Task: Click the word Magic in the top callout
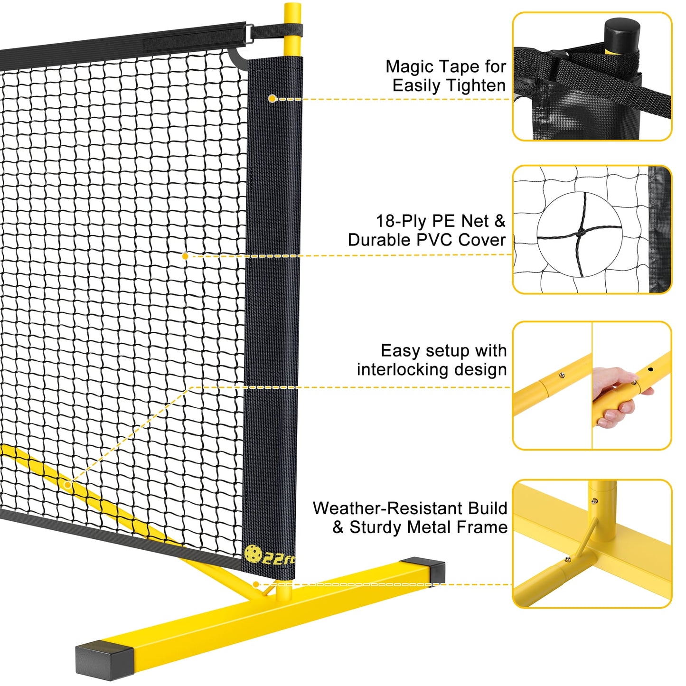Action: coord(409,67)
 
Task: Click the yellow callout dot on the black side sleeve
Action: coord(273,98)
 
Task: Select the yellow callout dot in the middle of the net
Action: coord(185,256)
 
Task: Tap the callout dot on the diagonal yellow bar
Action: coord(68,485)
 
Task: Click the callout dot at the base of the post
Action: coord(255,584)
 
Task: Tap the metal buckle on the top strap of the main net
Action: coord(249,33)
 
